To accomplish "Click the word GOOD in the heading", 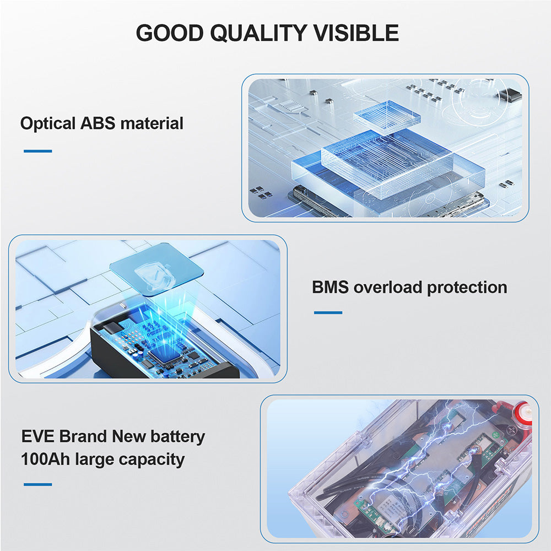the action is click(170, 33).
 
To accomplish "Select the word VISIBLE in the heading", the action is click(356, 33).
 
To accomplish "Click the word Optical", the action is click(48, 124).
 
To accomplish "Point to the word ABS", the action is click(98, 123).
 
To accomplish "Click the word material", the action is click(152, 123).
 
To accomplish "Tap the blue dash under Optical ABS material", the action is click(38, 151).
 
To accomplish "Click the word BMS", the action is click(330, 287).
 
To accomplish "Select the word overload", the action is click(387, 287).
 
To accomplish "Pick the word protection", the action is click(467, 288).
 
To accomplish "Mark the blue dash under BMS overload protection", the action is click(328, 312).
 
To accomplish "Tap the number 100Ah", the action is click(45, 460).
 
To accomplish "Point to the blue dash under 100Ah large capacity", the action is click(38, 484).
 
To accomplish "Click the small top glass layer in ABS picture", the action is click(387, 117).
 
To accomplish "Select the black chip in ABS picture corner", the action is click(509, 94).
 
